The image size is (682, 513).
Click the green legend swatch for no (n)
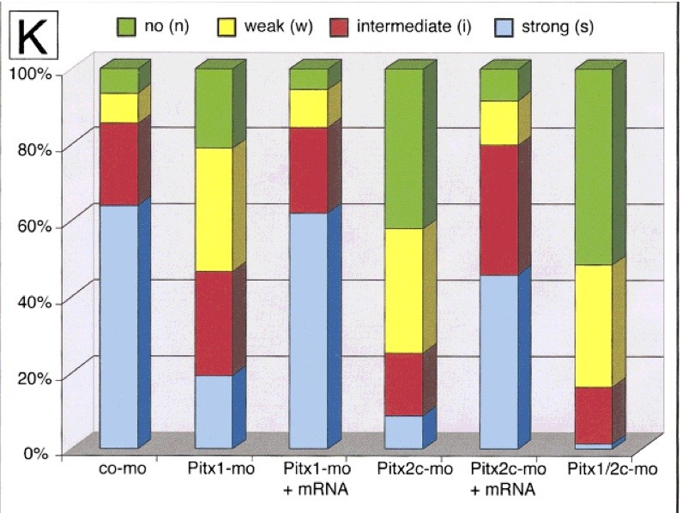[124, 27]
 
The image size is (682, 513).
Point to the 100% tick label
[33, 74]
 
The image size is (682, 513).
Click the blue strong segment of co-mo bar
[118, 326]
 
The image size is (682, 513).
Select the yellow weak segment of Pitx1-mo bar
[214, 209]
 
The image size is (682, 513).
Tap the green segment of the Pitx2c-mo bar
[403, 148]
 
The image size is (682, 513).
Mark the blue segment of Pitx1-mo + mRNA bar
[308, 330]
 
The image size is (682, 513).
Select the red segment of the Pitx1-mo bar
[214, 323]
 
